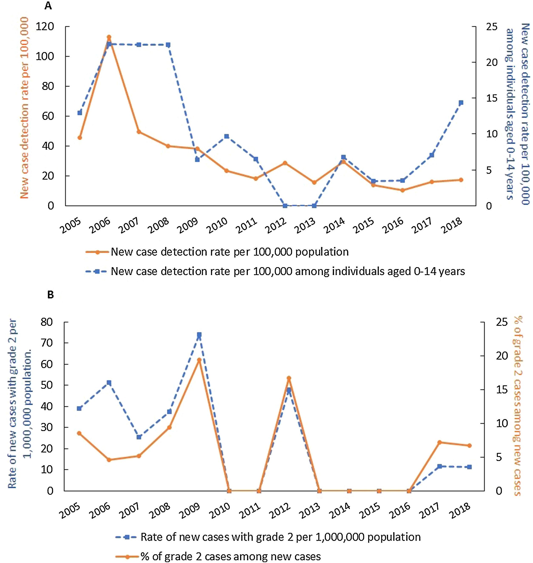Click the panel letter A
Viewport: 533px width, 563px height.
pyautogui.click(x=48, y=6)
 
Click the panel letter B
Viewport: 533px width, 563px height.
pyautogui.click(x=50, y=295)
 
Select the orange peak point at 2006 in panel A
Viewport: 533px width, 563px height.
pyautogui.click(x=109, y=37)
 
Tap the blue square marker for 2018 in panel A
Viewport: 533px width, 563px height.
pyautogui.click(x=461, y=103)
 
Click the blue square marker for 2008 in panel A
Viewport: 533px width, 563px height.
pyautogui.click(x=168, y=45)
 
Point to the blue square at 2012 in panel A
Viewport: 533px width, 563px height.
pyautogui.click(x=285, y=206)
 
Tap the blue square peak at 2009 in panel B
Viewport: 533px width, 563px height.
pyautogui.click(x=199, y=335)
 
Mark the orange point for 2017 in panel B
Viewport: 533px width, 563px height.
pyautogui.click(x=439, y=442)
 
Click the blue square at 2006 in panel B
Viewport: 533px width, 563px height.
pyautogui.click(x=109, y=383)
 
